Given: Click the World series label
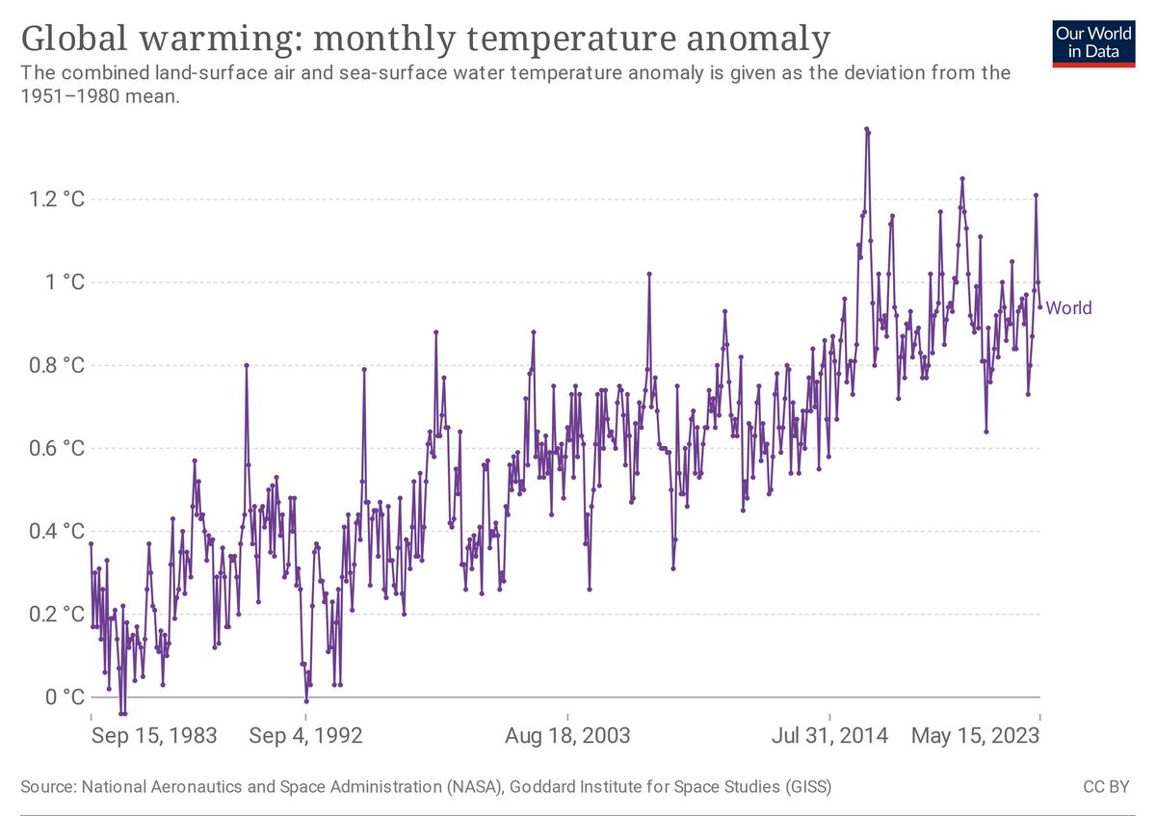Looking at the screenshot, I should point(1068,308).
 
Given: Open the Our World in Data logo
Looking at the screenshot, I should point(1093,39).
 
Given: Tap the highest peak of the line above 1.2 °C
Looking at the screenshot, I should point(867,128).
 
